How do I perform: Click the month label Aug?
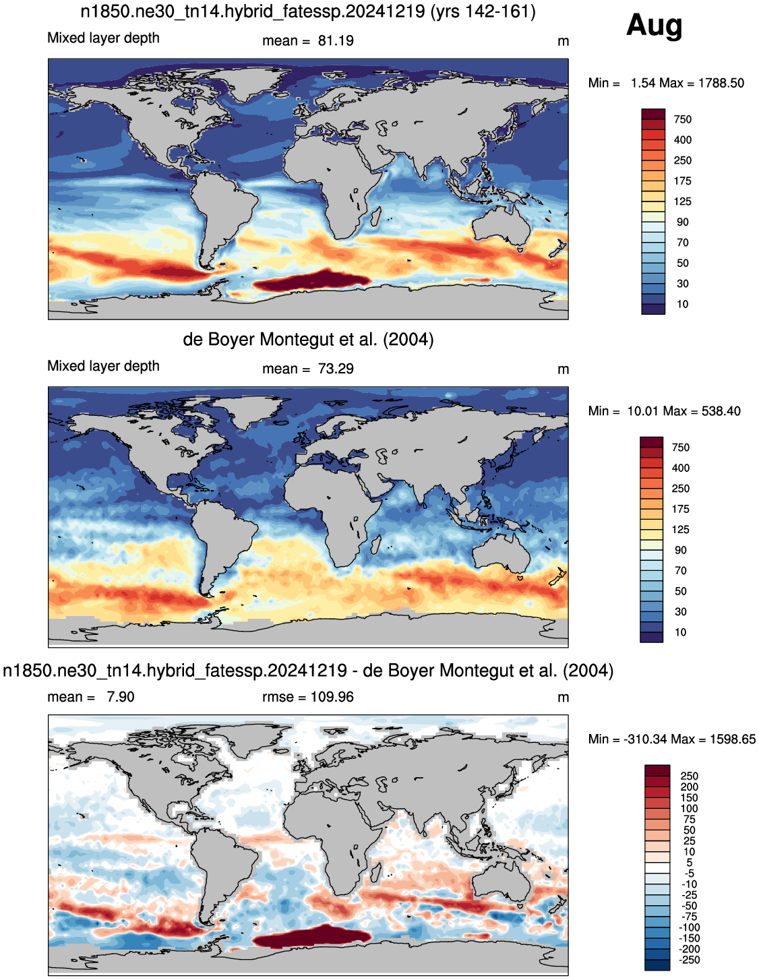click(x=654, y=26)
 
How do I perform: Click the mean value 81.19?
click(x=336, y=41)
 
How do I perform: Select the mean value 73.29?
click(x=336, y=369)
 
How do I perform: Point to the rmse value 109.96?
click(x=332, y=697)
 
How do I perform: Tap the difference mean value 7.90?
click(x=121, y=697)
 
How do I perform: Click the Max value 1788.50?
click(x=721, y=83)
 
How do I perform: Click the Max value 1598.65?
click(x=733, y=739)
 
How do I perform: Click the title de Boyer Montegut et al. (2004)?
click(x=308, y=340)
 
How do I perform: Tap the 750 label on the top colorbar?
click(x=682, y=119)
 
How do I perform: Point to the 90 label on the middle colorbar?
click(x=681, y=550)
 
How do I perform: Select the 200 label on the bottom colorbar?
click(x=689, y=787)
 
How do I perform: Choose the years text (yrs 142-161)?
click(x=483, y=11)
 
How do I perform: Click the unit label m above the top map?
click(x=564, y=42)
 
